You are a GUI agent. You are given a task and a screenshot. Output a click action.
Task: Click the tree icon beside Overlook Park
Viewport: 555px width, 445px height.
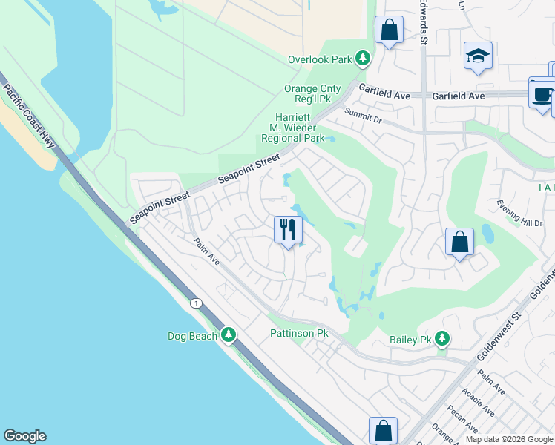pos(363,58)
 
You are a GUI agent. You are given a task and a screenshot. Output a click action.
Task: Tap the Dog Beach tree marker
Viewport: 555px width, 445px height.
pos(229,336)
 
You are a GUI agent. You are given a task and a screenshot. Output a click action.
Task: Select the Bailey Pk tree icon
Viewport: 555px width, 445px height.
pos(442,340)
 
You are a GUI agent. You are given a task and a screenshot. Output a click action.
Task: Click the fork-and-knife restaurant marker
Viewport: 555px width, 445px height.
pos(288,229)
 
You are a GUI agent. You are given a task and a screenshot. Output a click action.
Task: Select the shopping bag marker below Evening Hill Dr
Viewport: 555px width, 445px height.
pos(459,242)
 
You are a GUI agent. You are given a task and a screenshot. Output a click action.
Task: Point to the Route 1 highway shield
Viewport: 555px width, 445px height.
pos(196,303)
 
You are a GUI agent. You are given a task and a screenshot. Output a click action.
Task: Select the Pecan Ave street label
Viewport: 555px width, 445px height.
pos(462,420)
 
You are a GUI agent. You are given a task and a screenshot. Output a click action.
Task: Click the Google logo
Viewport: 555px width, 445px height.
pos(24,436)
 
